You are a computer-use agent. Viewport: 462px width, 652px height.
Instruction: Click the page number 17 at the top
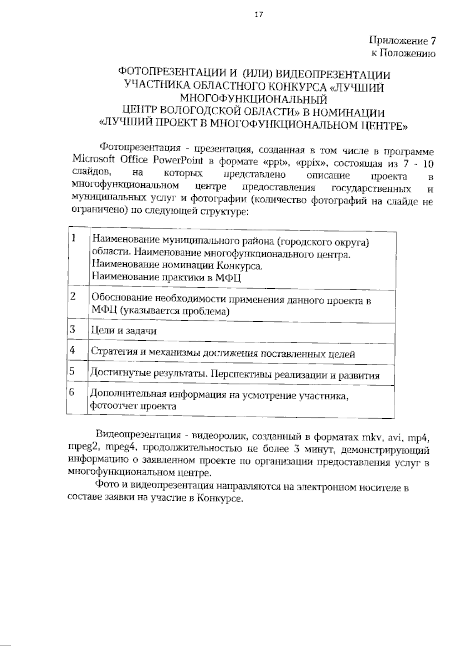coord(258,15)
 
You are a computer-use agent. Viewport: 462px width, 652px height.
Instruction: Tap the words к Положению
coord(403,53)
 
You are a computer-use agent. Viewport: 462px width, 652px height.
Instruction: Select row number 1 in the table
coord(73,238)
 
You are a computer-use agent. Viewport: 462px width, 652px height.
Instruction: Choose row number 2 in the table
coord(73,296)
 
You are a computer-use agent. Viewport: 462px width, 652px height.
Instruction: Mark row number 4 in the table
coord(72,350)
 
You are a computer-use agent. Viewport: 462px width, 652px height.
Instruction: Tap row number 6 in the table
coord(72,392)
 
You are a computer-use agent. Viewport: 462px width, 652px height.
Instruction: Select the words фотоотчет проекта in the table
coord(133,406)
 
